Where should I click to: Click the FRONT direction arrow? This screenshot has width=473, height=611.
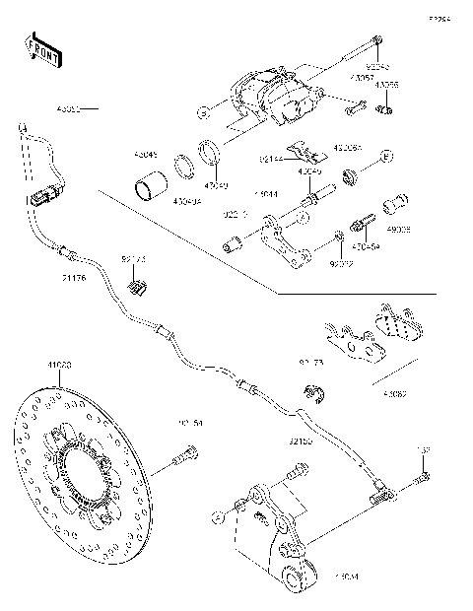pyautogui.click(x=43, y=50)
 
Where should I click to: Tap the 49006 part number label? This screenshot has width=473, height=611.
pyautogui.click(x=398, y=229)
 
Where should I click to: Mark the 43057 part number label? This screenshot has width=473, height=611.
pyautogui.click(x=361, y=75)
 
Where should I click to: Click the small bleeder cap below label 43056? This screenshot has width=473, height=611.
pyautogui.click(x=387, y=107)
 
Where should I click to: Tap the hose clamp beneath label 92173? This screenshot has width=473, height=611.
pyautogui.click(x=138, y=287)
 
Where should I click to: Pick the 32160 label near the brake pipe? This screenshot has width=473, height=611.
pyautogui.click(x=302, y=442)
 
